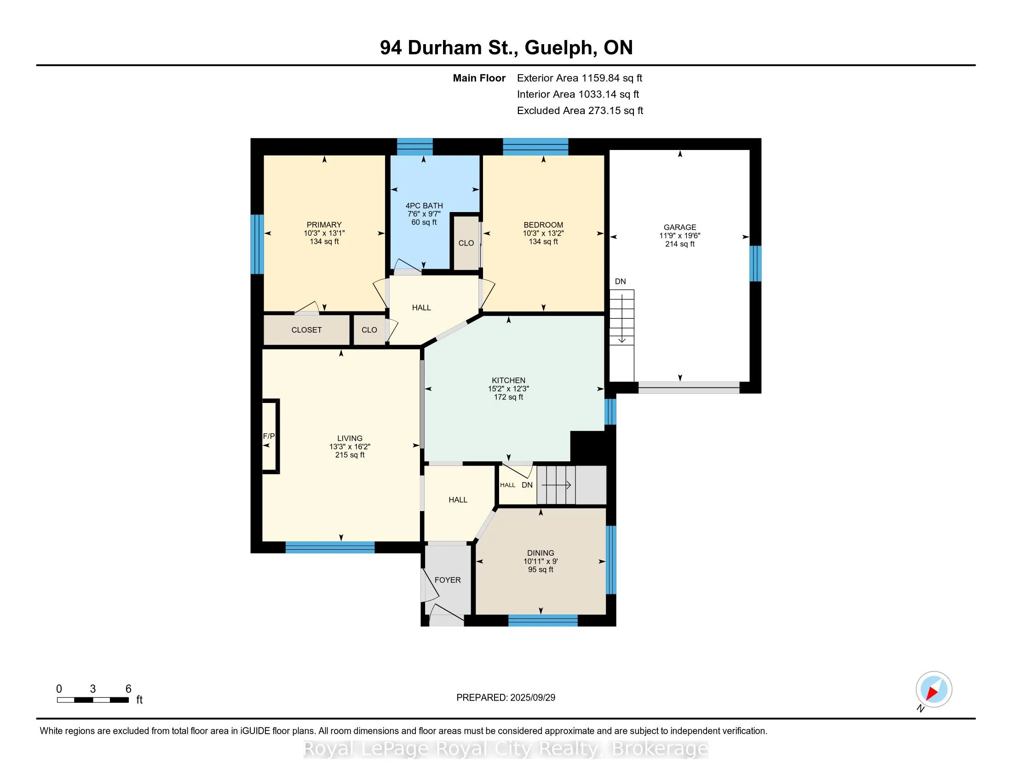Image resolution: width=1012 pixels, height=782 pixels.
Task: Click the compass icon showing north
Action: coord(934,690)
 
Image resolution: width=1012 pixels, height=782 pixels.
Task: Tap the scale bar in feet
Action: coord(92,700)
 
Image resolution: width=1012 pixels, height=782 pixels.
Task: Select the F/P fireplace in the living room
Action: coord(270,436)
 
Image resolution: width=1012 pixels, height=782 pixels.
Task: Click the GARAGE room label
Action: coord(680,227)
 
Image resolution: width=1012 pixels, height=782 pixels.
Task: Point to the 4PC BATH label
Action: coord(424,206)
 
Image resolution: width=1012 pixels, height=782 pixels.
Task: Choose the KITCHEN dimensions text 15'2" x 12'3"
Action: coord(508,389)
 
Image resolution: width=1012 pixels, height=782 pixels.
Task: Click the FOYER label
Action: coord(448,580)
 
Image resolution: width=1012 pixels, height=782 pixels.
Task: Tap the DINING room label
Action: coord(540,552)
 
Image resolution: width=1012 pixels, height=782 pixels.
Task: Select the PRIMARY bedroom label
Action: coord(324,224)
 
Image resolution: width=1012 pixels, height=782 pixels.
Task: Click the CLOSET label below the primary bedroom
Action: coord(306,330)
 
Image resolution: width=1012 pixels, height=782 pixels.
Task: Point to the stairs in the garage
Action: coord(621,335)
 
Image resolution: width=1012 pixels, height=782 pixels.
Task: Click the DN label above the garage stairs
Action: coord(620,281)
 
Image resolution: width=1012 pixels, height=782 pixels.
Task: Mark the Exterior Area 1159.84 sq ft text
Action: coord(580,78)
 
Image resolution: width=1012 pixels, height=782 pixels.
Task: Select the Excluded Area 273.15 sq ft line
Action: coord(580,110)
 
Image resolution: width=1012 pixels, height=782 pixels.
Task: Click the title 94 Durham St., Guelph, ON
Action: coord(506,48)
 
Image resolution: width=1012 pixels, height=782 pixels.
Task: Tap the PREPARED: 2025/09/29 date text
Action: coord(506,698)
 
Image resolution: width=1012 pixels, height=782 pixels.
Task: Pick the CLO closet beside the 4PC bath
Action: coord(466,243)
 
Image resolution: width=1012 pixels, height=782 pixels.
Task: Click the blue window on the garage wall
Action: coord(755,263)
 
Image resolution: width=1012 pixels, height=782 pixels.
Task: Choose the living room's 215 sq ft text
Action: coord(350,455)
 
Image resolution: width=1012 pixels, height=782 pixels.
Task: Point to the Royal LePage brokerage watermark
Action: coord(506,748)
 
